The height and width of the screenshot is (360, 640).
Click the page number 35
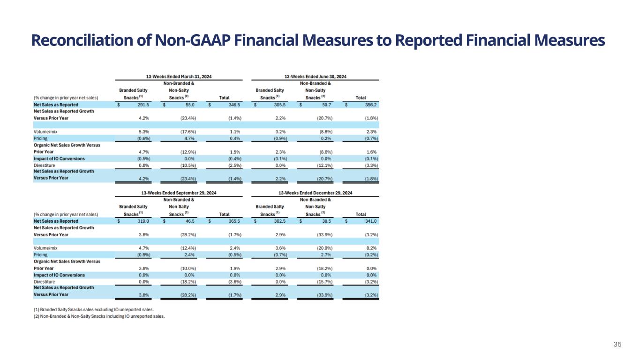617,345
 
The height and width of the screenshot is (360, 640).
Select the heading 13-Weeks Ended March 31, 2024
179,76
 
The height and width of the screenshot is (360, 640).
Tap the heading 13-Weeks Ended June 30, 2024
315,76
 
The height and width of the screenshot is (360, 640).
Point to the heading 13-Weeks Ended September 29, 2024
179,193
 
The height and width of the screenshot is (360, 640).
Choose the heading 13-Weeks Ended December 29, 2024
315,193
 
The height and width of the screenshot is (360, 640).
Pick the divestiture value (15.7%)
324,281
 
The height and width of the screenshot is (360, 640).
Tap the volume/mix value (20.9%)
324,248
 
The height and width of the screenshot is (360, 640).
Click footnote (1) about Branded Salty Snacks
93,309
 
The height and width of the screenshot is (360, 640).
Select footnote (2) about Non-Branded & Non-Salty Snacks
99,316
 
